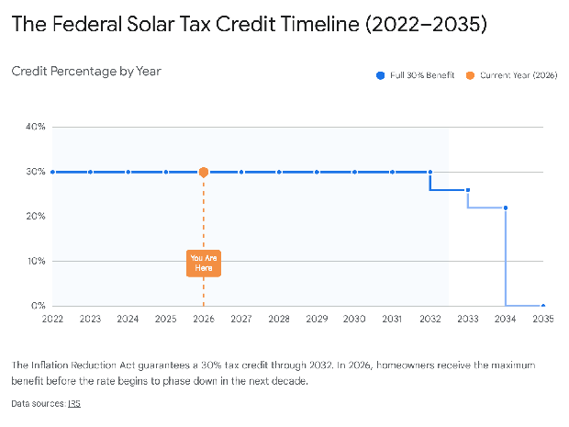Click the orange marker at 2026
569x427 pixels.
204,172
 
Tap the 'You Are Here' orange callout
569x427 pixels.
204,263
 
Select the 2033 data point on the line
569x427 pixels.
468,190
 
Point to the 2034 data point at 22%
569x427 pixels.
506,208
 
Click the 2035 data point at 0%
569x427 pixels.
543,306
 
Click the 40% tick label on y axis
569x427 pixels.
35,127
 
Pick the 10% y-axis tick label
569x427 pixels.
35,262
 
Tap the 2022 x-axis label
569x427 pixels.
52,319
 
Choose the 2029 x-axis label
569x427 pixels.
317,319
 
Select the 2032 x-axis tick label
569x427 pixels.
430,319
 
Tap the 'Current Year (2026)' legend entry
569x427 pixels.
513,75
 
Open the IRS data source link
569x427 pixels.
73,403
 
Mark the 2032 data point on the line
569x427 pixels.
430,172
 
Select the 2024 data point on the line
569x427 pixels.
128,172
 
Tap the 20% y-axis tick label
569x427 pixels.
35,217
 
